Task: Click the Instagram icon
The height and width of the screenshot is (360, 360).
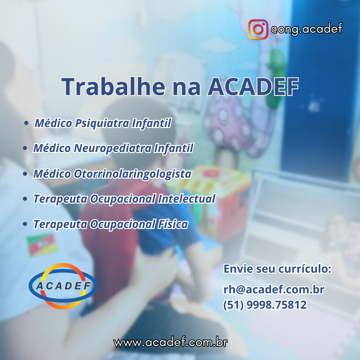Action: click(x=258, y=29)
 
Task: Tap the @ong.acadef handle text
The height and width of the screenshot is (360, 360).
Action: click(x=307, y=29)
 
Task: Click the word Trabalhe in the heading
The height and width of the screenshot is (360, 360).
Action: click(x=113, y=86)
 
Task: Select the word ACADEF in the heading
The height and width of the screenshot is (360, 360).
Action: click(x=253, y=87)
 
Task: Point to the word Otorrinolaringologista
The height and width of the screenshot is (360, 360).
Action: click(x=132, y=174)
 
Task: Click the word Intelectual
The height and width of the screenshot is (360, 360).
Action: click(x=187, y=199)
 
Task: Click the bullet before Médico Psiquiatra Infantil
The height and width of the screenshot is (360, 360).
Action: click(x=26, y=123)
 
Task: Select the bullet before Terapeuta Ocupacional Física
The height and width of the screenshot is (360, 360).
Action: click(x=25, y=224)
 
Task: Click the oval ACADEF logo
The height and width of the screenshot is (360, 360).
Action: click(x=63, y=286)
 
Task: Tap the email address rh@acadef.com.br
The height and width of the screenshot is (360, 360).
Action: click(x=274, y=290)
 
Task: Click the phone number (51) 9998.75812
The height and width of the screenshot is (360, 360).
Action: click(x=265, y=305)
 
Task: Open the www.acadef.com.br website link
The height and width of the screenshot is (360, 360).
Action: click(x=171, y=343)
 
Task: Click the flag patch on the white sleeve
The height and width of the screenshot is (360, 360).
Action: click(x=42, y=245)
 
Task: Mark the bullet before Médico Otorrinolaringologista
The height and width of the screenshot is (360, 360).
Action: click(x=25, y=174)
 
